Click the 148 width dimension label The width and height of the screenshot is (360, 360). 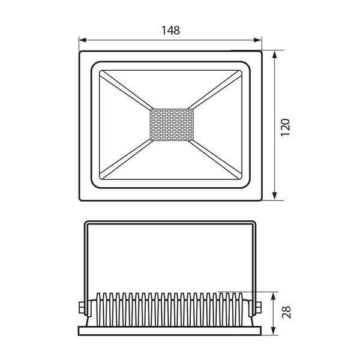pos(170,31)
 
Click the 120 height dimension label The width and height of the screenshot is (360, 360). pos(286,127)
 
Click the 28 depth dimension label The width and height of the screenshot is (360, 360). pos(286,312)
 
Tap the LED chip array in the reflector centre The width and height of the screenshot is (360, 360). pos(172,125)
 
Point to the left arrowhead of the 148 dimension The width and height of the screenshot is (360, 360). pos(83,40)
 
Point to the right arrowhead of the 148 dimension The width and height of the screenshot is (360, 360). pos(257,40)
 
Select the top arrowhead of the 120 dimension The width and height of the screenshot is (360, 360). pos(275,55)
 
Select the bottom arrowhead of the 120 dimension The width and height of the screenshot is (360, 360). pos(275,196)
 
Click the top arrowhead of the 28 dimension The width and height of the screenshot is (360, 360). pos(273,296)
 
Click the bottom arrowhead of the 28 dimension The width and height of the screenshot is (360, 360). pos(273,331)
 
